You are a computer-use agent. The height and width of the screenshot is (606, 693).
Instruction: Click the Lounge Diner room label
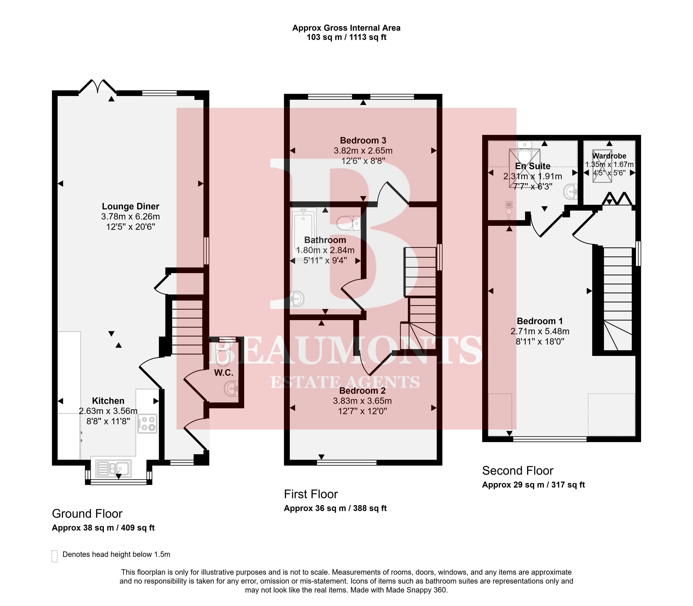[131, 206]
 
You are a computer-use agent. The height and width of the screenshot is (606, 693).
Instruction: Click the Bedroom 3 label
[363, 140]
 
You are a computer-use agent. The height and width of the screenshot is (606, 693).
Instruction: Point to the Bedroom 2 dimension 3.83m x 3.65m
[363, 401]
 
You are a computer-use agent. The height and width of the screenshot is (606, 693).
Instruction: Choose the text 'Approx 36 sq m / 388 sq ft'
[335, 508]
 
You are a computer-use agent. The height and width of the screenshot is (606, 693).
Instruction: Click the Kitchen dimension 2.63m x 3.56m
[108, 411]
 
